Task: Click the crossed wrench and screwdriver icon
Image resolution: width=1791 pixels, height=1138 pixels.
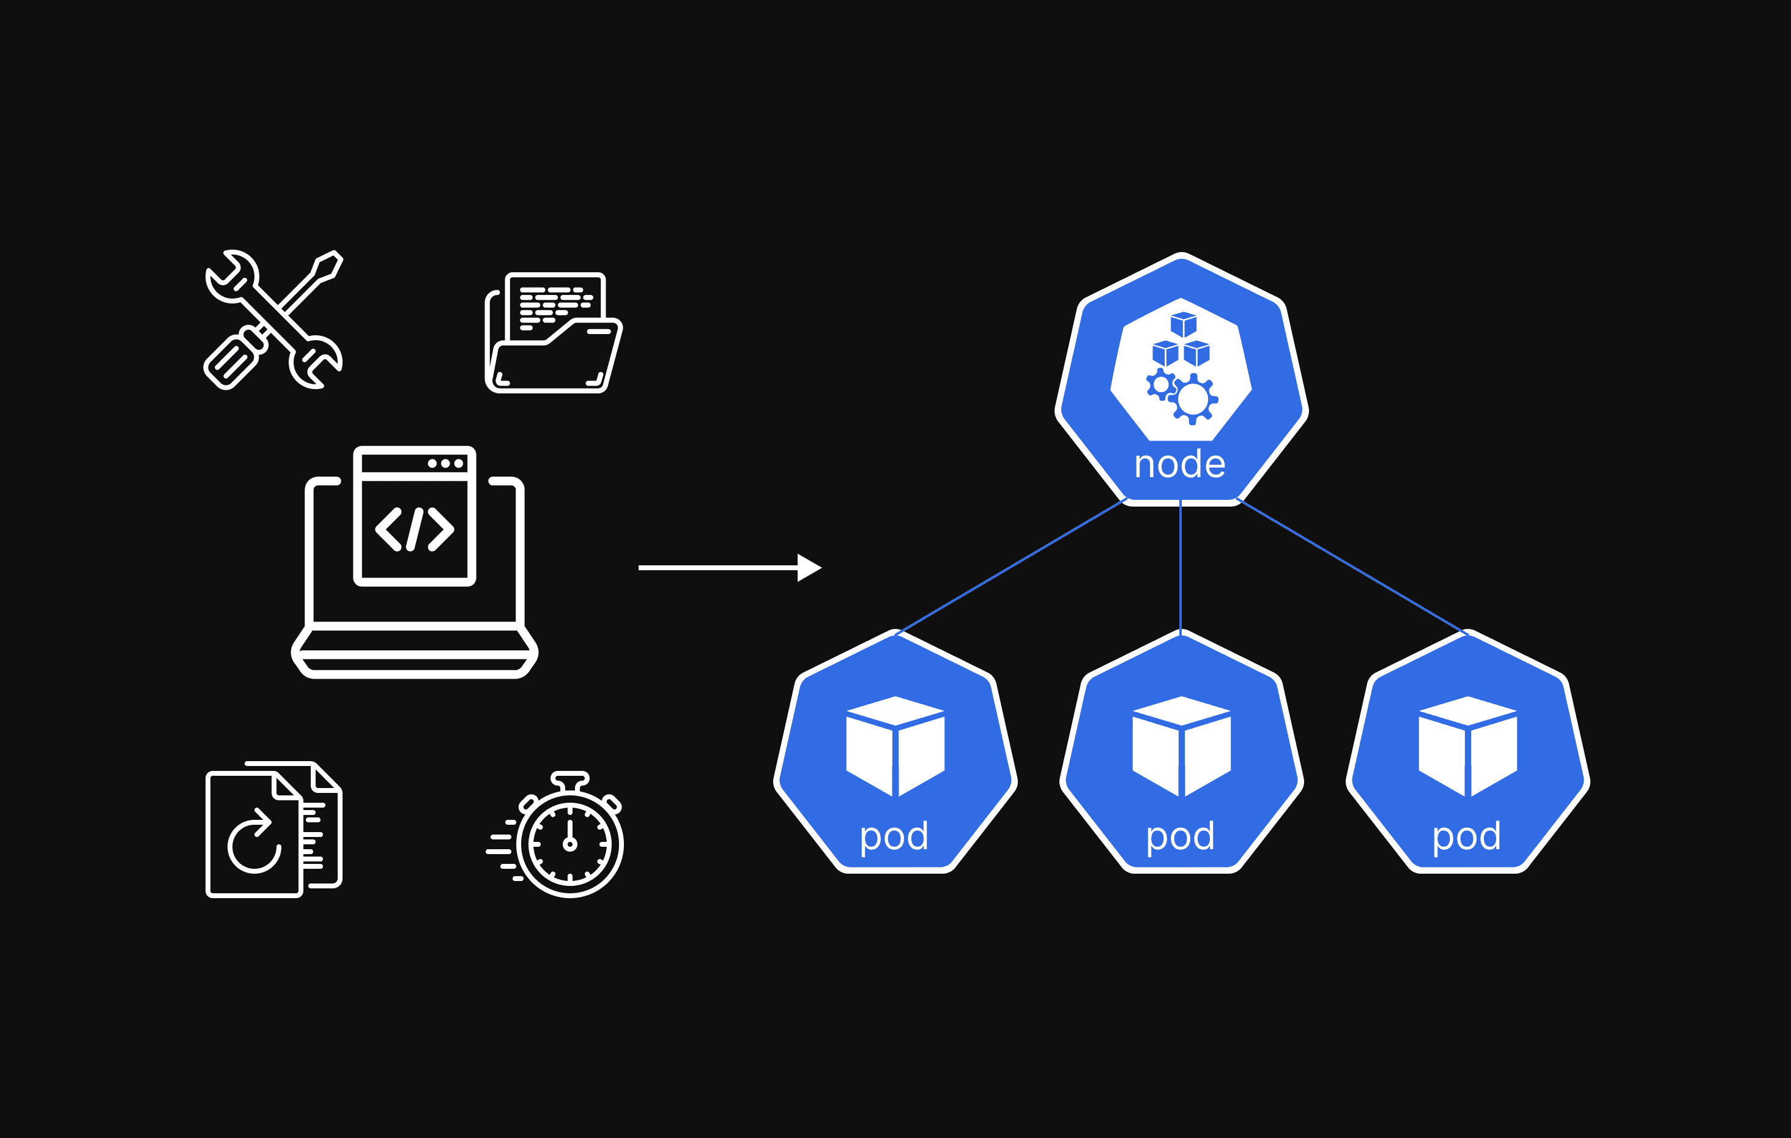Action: tap(273, 320)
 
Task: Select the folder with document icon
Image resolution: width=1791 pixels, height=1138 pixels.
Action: tap(554, 333)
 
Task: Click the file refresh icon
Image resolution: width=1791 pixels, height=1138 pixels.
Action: tap(273, 829)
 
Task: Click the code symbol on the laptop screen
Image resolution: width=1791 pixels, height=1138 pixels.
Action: tap(414, 530)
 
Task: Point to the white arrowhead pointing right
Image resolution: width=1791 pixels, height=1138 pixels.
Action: tap(809, 568)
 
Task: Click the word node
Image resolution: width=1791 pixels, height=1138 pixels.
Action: tap(1179, 464)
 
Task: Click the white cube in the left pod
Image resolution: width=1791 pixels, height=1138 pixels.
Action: tap(895, 746)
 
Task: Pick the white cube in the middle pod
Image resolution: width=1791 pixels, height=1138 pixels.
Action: tap(1181, 746)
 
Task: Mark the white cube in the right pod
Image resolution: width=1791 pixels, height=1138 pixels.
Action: tap(1467, 746)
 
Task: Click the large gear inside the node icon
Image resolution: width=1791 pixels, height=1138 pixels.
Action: tap(1193, 400)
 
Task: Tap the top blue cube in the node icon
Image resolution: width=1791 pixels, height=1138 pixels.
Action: tap(1184, 324)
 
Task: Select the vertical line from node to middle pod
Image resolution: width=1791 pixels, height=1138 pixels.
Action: tap(1181, 565)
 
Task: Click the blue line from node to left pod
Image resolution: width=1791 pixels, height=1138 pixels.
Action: tap(1012, 567)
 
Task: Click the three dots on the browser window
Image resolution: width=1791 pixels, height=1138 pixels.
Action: tap(445, 463)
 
